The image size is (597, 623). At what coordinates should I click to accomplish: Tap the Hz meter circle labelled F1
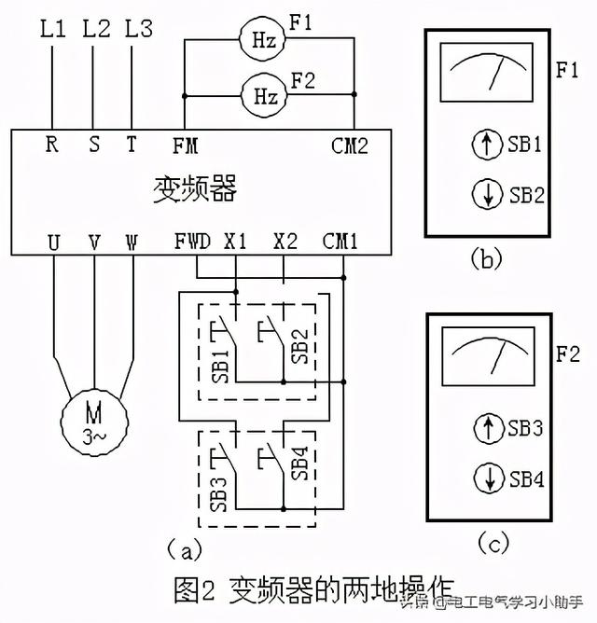[264, 40]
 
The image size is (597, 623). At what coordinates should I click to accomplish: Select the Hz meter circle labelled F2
[264, 95]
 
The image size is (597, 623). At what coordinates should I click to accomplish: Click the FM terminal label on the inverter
[185, 145]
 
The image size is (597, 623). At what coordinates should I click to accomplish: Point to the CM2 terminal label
[349, 145]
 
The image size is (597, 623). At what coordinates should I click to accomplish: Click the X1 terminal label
[236, 240]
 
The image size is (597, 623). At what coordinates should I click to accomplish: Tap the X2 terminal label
[285, 240]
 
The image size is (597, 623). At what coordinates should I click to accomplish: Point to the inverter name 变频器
[194, 189]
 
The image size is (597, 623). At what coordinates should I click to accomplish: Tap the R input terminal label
[52, 145]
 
